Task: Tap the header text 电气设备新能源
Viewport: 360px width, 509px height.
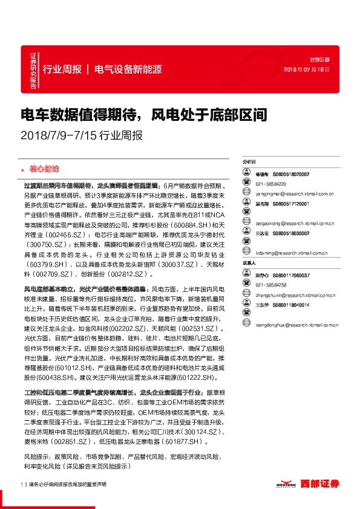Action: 128,69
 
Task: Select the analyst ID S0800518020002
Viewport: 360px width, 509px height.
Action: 290,174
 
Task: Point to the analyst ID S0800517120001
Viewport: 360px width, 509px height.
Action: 291,204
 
